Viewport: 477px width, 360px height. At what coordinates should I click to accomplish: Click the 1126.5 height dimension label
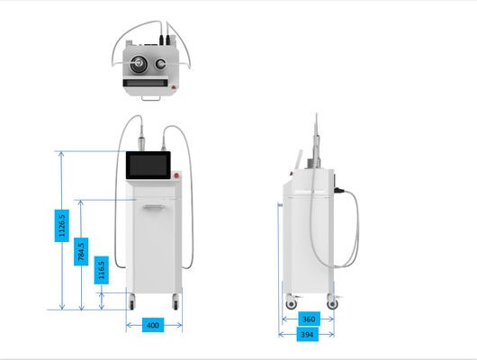coord(62,226)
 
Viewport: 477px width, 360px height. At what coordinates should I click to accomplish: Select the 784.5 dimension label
coord(81,252)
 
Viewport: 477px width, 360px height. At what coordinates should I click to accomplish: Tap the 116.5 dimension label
coord(102,270)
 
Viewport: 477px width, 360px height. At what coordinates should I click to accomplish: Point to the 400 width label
coord(153,325)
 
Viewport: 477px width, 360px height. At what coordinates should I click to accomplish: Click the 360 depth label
coord(309,319)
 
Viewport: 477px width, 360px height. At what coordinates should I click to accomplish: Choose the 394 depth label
coord(307,335)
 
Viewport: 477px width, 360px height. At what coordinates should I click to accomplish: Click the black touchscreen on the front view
coord(148,165)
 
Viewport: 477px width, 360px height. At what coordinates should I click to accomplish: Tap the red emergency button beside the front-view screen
coord(176,175)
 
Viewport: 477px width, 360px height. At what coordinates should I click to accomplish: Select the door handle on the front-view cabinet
coord(154,207)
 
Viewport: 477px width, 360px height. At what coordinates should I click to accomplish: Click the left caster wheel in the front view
coord(131,301)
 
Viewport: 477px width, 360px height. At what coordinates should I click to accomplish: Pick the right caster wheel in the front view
coord(175,301)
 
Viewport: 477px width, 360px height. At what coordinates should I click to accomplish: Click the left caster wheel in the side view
coord(291,303)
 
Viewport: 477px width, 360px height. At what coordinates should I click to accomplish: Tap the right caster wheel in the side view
coord(332,303)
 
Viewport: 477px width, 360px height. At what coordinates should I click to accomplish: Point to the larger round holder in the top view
coord(139,64)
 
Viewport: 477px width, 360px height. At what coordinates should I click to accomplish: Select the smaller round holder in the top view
coord(160,64)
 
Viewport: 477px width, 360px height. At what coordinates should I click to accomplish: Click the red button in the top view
coord(174,87)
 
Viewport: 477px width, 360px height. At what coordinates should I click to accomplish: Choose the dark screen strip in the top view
coord(146,83)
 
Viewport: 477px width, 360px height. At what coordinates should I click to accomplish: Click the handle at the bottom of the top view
coord(150,98)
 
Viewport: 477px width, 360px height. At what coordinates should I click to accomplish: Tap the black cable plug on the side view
coord(339,191)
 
